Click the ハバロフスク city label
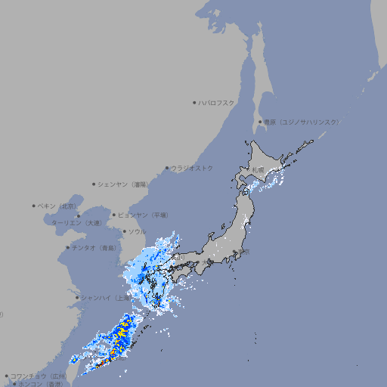click(x=217, y=102)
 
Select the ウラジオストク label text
click(x=192, y=168)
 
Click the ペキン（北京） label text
click(x=57, y=206)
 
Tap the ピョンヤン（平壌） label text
click(x=144, y=215)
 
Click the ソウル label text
click(x=137, y=231)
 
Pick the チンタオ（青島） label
click(x=94, y=247)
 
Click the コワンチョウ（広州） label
click(x=39, y=376)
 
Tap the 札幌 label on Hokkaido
click(x=259, y=171)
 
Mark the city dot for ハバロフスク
click(x=194, y=102)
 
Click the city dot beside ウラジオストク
click(x=167, y=168)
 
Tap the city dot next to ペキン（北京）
click(x=33, y=206)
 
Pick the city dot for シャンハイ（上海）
click(x=77, y=297)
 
